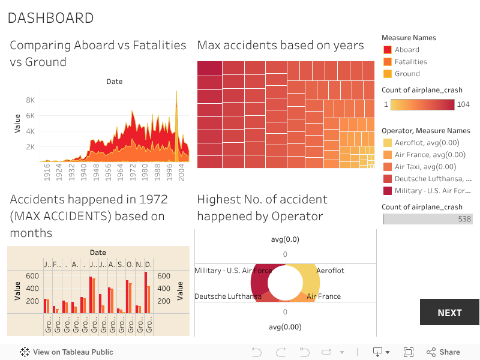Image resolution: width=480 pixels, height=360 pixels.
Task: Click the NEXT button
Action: click(449, 312)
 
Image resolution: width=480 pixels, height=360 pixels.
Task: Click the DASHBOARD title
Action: click(50, 18)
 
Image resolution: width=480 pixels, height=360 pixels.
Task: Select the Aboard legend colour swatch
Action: click(387, 50)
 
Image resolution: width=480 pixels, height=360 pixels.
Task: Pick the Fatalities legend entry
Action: click(410, 62)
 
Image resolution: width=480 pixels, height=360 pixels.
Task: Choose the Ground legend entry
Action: click(407, 74)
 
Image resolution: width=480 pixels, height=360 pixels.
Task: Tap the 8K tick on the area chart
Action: click(29, 100)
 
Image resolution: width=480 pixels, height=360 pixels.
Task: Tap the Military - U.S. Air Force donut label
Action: click(233, 271)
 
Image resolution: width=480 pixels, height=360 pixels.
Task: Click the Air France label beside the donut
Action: click(323, 296)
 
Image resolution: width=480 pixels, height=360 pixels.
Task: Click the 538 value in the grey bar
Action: click(464, 219)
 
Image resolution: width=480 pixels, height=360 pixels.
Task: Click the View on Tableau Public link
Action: click(73, 352)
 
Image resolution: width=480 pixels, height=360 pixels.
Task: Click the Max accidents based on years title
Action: click(280, 46)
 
